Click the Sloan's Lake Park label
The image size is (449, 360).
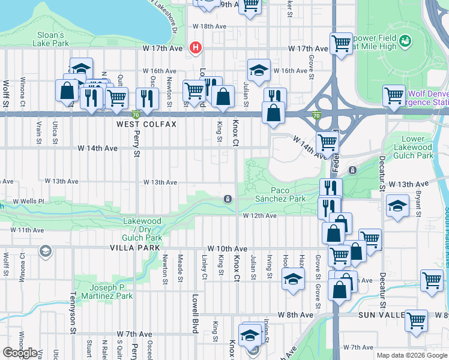click(x=52, y=39)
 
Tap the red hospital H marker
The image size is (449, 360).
click(x=194, y=48)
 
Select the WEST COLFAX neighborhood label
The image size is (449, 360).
click(x=146, y=124)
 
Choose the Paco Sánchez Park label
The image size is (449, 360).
click(x=276, y=194)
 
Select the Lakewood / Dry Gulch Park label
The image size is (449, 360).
click(x=143, y=229)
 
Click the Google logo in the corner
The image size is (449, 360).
click(x=20, y=353)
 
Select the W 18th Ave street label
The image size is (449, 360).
click(x=209, y=26)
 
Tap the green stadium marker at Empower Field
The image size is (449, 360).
click(x=406, y=40)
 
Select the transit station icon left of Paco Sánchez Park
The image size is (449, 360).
click(x=228, y=199)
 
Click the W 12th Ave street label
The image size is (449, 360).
click(x=259, y=215)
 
